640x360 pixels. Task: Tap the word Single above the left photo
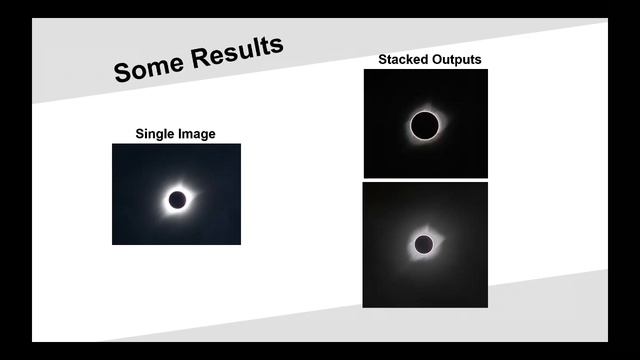[156, 134]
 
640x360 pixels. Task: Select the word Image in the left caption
[197, 134]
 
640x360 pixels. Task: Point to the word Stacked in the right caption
[403, 60]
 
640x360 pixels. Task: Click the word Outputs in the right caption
[456, 60]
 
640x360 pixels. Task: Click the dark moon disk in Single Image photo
[177, 200]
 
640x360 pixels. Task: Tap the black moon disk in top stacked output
[425, 126]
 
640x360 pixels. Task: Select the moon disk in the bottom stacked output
[424, 244]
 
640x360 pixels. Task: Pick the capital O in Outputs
[438, 60]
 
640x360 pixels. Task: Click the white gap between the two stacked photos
[425, 180]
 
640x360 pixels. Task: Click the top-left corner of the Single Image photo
[113, 144]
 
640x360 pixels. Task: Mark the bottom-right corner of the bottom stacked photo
[487, 306]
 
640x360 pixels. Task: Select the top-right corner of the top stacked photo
[487, 70]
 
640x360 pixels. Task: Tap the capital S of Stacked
[382, 60]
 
